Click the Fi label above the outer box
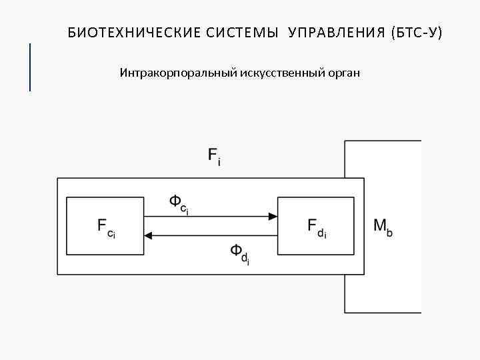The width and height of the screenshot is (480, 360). click(x=215, y=158)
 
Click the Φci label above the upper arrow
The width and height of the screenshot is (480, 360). click(x=179, y=203)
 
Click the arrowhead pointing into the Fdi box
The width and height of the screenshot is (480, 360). click(x=273, y=216)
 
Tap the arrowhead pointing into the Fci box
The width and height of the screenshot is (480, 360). click(x=149, y=235)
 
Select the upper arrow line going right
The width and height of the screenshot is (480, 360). click(x=207, y=216)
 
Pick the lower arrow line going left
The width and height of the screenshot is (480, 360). click(x=213, y=235)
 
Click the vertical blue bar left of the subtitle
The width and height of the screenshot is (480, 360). click(x=30, y=67)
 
